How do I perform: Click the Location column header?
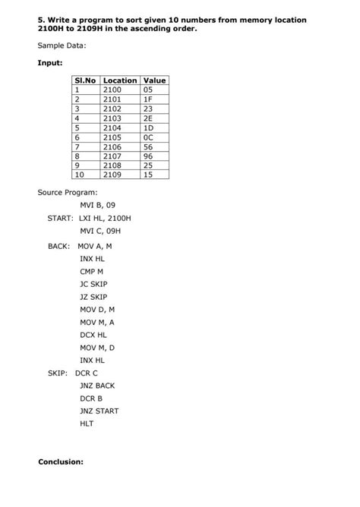click(x=119, y=80)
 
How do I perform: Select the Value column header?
click(x=154, y=80)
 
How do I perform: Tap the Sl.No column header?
click(x=84, y=80)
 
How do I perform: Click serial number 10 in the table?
click(x=78, y=174)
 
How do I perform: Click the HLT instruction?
click(x=87, y=424)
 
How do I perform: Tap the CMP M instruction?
click(x=91, y=272)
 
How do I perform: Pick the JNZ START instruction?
click(x=99, y=411)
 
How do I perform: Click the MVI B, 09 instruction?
click(x=98, y=205)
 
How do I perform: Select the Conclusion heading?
click(x=60, y=461)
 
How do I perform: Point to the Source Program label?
click(x=68, y=192)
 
